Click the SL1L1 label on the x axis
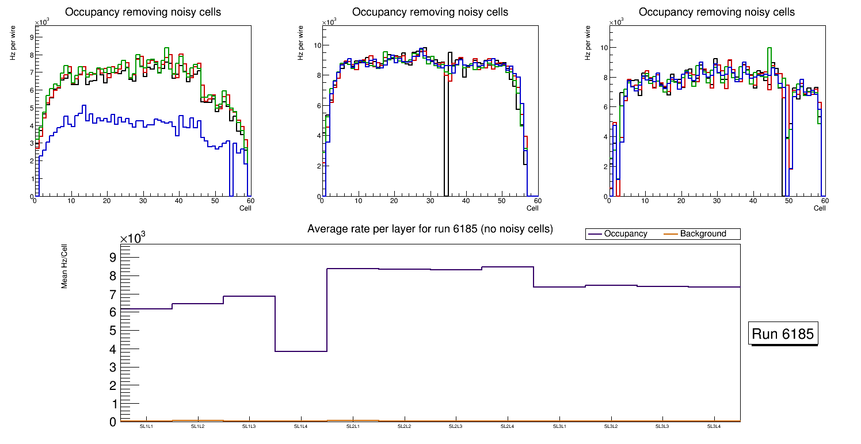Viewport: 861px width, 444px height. tap(146, 426)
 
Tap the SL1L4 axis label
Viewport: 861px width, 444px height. tap(301, 426)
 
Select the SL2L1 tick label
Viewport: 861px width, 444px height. tap(353, 426)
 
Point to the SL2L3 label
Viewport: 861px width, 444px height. tap(456, 426)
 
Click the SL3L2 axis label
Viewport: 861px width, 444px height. tap(611, 426)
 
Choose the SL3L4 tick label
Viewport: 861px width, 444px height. tap(714, 426)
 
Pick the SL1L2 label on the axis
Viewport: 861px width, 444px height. tap(198, 426)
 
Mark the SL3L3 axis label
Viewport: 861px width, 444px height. tap(662, 426)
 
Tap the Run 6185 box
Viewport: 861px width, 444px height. tap(783, 334)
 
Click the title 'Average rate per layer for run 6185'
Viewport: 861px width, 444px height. tap(430, 229)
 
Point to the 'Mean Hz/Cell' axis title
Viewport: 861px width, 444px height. tap(64, 266)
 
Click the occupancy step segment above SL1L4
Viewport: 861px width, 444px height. tap(301, 351)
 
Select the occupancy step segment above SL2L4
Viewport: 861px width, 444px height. tap(508, 267)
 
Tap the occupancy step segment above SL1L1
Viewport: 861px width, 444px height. tap(146, 309)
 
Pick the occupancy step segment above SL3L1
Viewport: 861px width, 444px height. tap(559, 286)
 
